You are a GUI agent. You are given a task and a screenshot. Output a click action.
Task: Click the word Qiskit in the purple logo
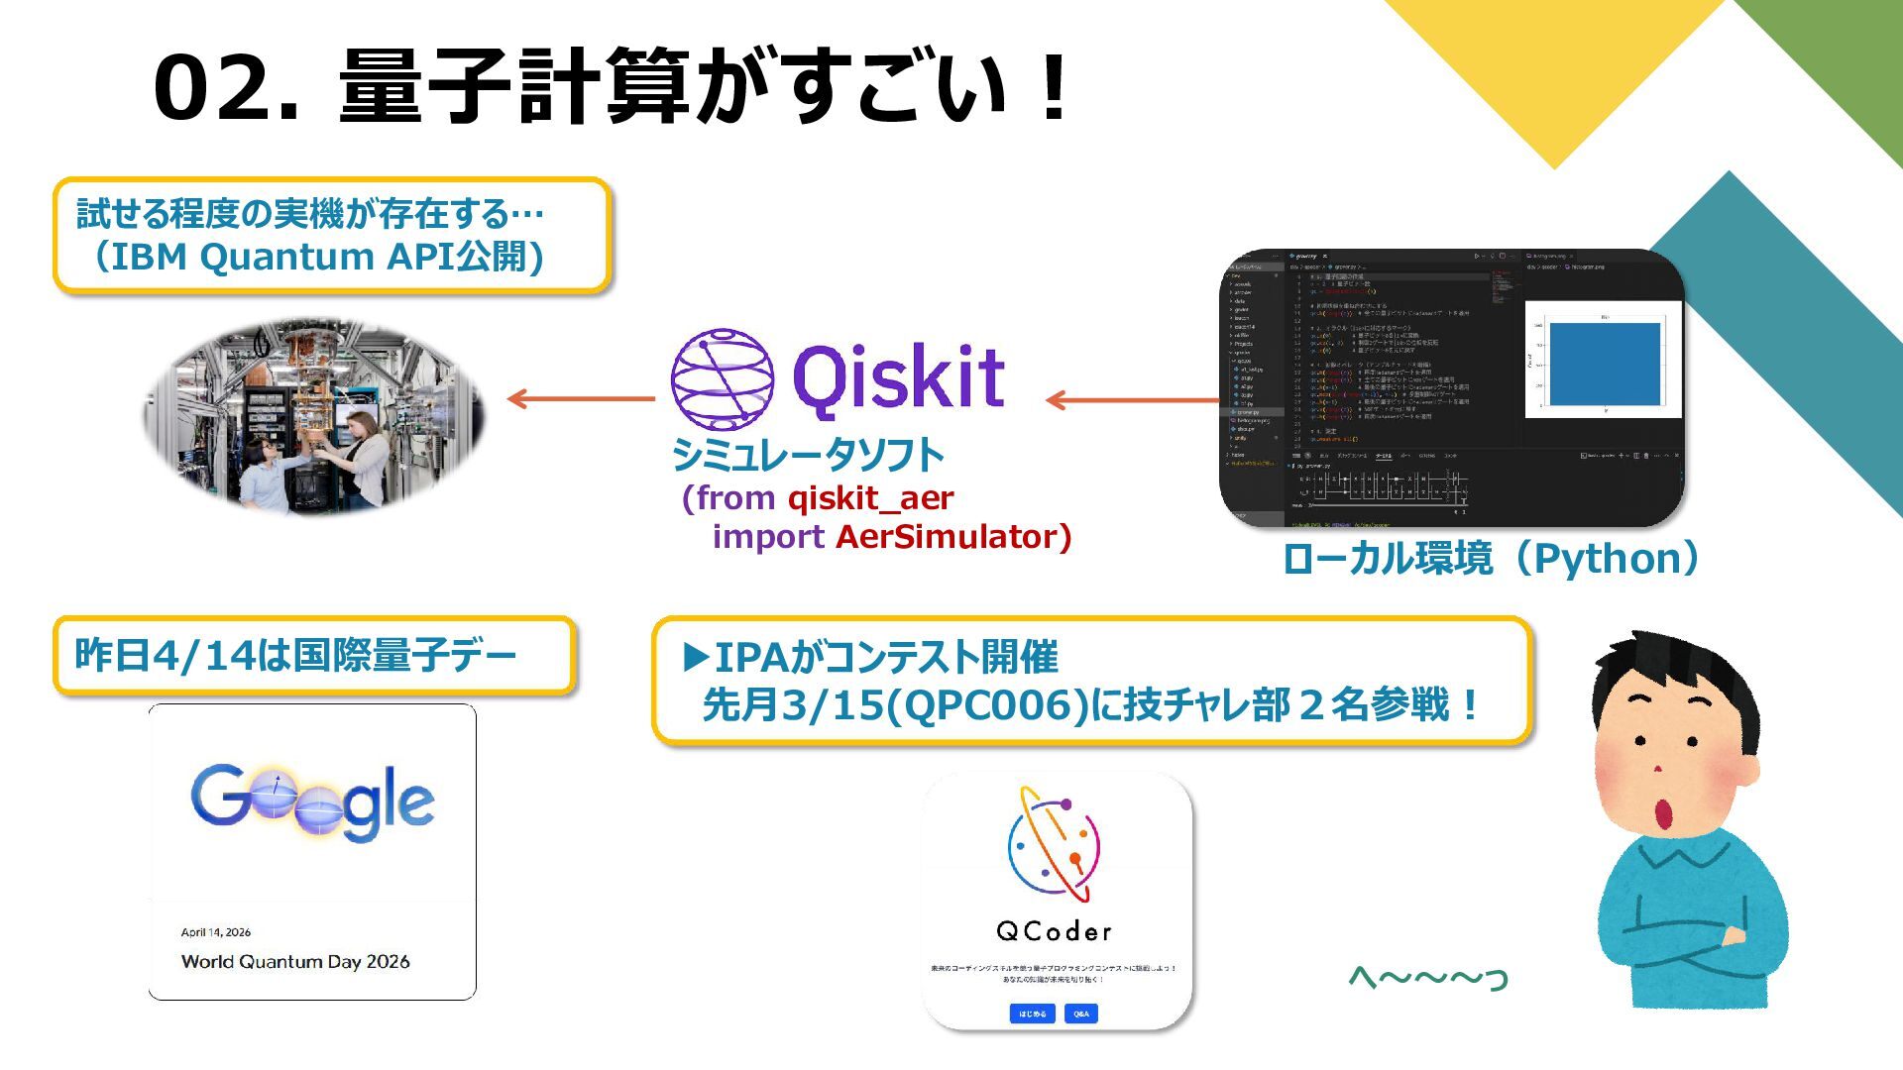click(898, 377)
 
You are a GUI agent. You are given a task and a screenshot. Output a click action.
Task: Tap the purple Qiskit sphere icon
click(722, 378)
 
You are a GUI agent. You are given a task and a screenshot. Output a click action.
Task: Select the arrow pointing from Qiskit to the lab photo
click(580, 399)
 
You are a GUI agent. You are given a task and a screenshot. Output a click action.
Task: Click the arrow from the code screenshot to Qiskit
click(1132, 400)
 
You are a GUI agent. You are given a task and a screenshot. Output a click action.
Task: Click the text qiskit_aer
click(870, 497)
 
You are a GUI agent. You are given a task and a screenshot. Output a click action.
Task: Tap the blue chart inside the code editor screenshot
click(1604, 363)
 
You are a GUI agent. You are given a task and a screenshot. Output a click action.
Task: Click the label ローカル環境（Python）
click(1492, 559)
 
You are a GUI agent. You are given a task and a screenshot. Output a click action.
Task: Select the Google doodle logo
click(312, 802)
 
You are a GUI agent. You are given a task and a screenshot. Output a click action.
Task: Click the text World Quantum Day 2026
click(295, 961)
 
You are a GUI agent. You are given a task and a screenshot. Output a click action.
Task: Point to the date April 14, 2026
click(216, 932)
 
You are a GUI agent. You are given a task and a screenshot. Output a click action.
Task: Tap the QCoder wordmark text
click(1054, 931)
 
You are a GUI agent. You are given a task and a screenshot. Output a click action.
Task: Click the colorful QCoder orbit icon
click(1055, 844)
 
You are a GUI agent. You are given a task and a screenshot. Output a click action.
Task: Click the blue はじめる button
click(1032, 1014)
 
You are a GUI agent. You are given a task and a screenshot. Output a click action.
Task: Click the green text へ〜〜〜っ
click(1427, 978)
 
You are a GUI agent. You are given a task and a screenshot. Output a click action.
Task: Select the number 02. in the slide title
click(226, 88)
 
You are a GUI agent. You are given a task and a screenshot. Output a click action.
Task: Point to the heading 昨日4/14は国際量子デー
click(295, 656)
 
